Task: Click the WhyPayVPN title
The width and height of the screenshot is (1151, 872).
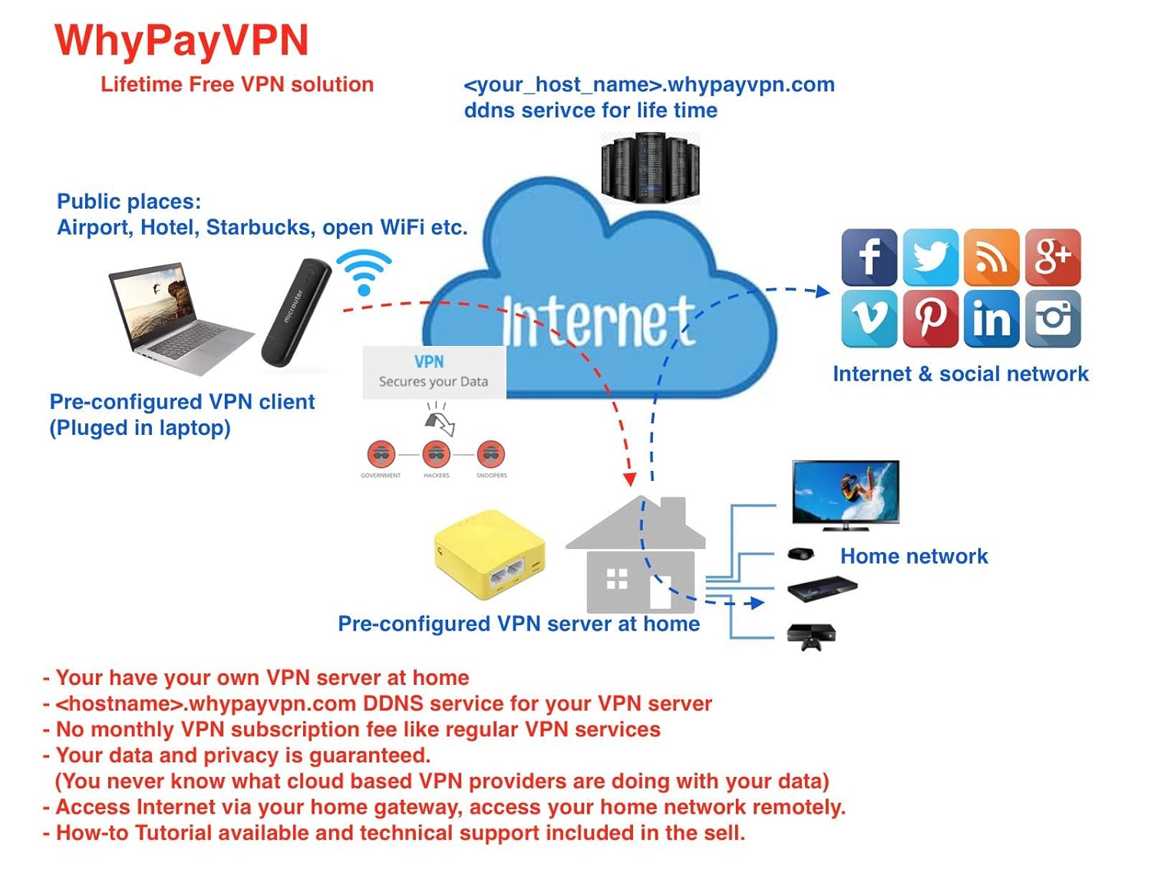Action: pos(182,40)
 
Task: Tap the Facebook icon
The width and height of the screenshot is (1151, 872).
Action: pos(869,257)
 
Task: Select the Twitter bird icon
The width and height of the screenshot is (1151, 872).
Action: pos(930,257)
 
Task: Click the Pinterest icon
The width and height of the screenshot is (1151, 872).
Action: pos(930,318)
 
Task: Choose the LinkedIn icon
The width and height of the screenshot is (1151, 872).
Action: pos(991,318)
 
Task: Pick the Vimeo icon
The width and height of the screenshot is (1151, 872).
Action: pos(869,318)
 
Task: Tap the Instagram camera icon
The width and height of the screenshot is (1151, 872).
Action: pos(1053,318)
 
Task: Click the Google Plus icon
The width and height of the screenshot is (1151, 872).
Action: pos(1053,257)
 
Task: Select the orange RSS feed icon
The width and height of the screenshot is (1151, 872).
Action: pos(991,257)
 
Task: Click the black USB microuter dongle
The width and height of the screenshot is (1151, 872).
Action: pos(295,311)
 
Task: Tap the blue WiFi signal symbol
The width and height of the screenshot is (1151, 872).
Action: pos(364,272)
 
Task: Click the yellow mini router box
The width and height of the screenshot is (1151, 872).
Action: pos(490,554)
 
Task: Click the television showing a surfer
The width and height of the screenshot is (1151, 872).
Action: pos(845,493)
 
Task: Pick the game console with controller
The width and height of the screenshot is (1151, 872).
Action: pos(811,637)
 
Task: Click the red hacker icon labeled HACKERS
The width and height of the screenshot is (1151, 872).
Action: pos(436,455)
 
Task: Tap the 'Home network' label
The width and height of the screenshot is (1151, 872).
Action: pos(914,556)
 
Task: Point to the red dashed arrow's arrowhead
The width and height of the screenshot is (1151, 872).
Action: pos(629,479)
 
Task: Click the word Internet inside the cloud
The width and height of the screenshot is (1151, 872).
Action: pos(599,321)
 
